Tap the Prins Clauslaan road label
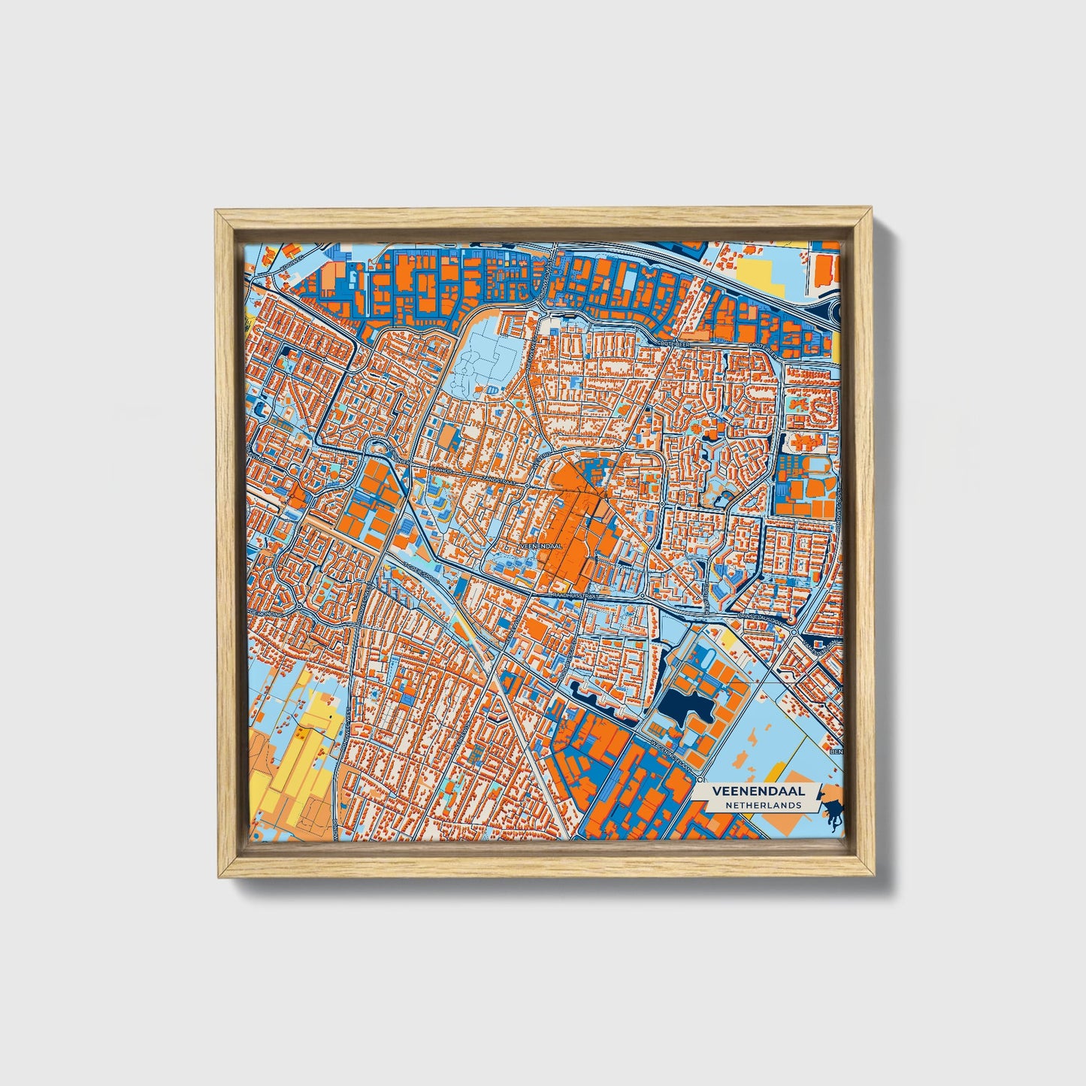click(761, 618)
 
